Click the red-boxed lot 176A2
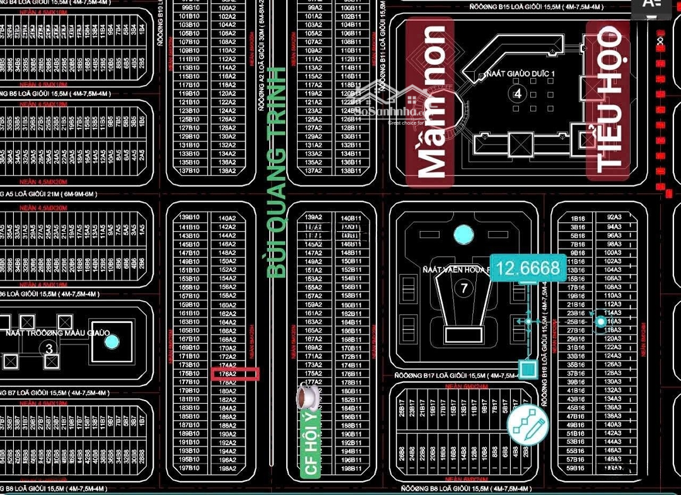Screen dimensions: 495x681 coord(235,374)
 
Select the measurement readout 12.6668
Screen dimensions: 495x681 coord(528,269)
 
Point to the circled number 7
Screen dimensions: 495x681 coord(463,289)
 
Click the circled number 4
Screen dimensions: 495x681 coord(517,94)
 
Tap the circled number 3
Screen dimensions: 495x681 coord(49,347)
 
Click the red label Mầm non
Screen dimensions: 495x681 coord(430,102)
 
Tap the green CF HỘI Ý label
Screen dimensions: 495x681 coord(311,441)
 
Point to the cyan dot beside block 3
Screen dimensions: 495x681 coord(112,341)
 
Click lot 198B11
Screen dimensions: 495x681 coord(351,469)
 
